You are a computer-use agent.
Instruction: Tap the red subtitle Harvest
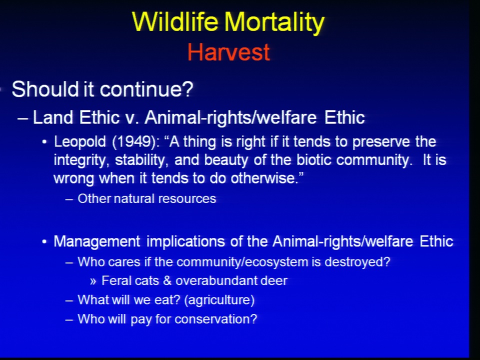tap(228, 52)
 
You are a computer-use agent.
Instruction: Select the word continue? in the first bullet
tap(146, 89)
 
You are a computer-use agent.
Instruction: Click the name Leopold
tap(80, 142)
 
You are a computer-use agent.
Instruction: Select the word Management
tap(97, 242)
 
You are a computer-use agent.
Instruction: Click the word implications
tap(185, 242)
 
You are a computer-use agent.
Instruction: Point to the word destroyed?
tap(357, 262)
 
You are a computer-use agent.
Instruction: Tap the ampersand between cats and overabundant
tap(167, 281)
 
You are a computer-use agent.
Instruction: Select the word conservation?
tap(216, 319)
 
